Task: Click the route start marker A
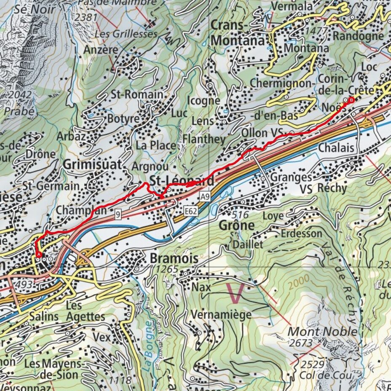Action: click(x=39, y=254)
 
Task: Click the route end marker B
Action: click(x=351, y=100)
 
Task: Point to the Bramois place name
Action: click(x=174, y=259)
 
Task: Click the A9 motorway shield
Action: click(x=205, y=196)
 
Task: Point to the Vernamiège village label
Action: click(x=221, y=315)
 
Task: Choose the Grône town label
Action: click(x=236, y=225)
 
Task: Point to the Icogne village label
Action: click(x=204, y=101)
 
